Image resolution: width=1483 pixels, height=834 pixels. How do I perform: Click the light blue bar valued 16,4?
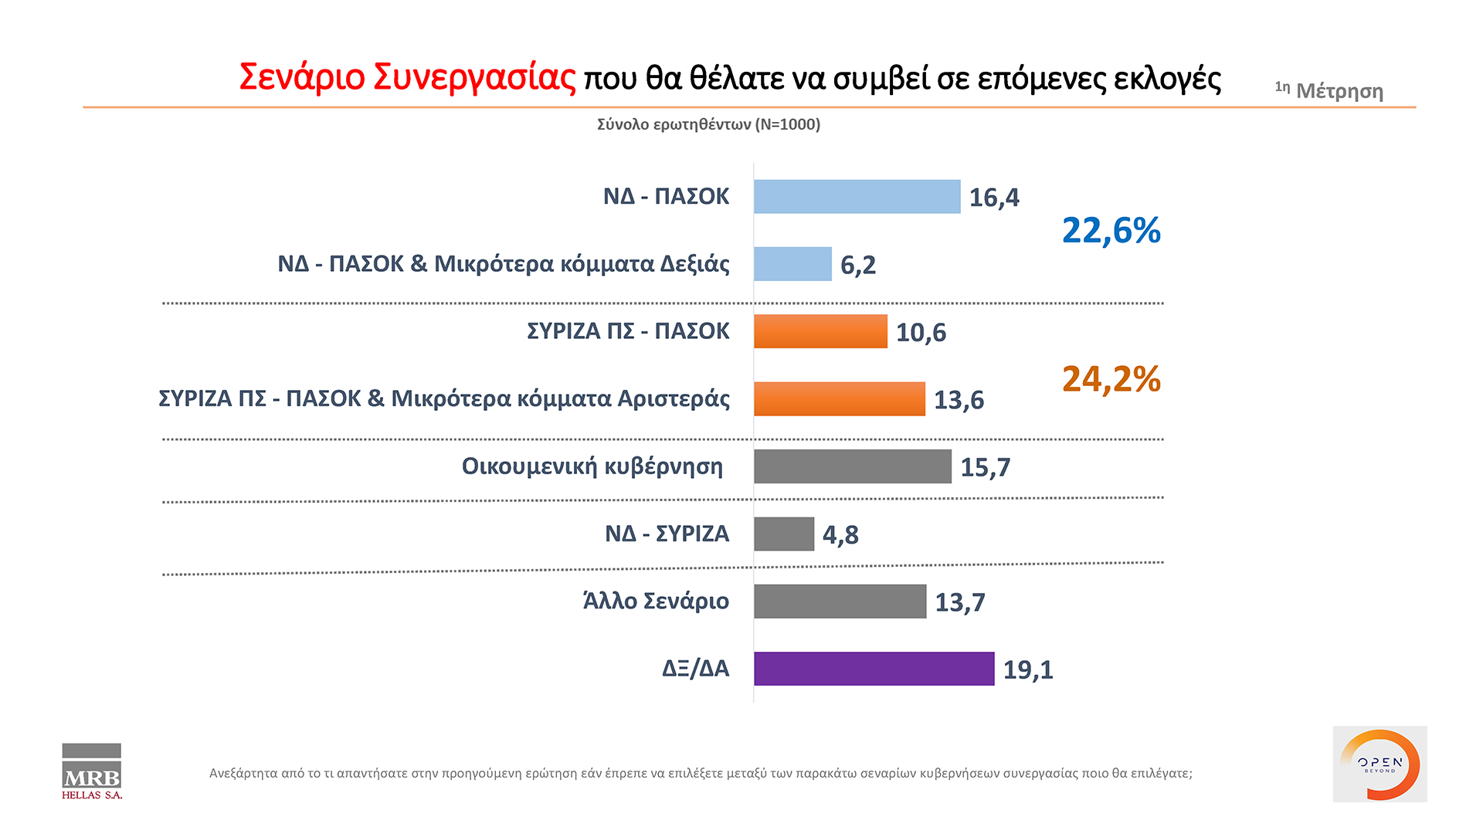857,197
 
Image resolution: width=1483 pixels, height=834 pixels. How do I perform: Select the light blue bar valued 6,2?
792,264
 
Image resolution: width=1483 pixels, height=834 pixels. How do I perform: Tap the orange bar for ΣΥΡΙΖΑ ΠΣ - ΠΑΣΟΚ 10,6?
820,331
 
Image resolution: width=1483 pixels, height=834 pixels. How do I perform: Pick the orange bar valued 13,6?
839,399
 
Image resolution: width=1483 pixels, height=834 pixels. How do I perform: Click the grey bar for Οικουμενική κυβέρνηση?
852,466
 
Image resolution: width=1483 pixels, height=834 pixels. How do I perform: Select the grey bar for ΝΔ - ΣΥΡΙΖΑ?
784,534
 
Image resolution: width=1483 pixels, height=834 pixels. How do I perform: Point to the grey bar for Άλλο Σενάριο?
840,601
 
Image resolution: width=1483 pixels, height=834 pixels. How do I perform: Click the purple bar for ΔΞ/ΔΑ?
874,669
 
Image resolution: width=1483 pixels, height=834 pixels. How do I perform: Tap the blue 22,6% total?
1111,230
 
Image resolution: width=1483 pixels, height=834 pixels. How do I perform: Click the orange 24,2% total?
1111,379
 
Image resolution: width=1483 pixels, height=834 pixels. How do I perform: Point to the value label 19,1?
1028,670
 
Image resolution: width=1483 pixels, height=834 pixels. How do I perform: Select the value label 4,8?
840,534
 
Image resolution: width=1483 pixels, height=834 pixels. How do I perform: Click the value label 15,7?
985,467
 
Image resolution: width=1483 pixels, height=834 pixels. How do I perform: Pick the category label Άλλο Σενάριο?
656,601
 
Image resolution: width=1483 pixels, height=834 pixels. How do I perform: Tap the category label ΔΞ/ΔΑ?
695,668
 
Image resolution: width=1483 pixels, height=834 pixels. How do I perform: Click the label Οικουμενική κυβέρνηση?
592,466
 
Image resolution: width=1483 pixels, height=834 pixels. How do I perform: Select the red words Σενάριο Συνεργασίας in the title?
407,77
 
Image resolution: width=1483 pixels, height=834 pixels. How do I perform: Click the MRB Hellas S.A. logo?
92,771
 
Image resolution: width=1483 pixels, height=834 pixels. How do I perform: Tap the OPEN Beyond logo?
1379,764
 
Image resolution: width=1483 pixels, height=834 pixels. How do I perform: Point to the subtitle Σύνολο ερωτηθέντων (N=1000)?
708,124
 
